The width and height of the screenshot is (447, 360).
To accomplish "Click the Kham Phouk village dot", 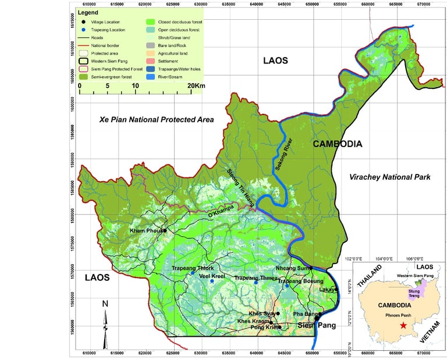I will click(165, 230).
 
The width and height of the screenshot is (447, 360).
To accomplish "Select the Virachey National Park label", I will click(390, 177).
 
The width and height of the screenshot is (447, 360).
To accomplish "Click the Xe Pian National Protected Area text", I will click(156, 119).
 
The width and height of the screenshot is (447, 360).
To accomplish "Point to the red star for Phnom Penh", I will click(403, 325).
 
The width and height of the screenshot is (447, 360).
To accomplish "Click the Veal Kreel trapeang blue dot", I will click(212, 281).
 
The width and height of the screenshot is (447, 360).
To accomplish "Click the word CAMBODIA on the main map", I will click(338, 144).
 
